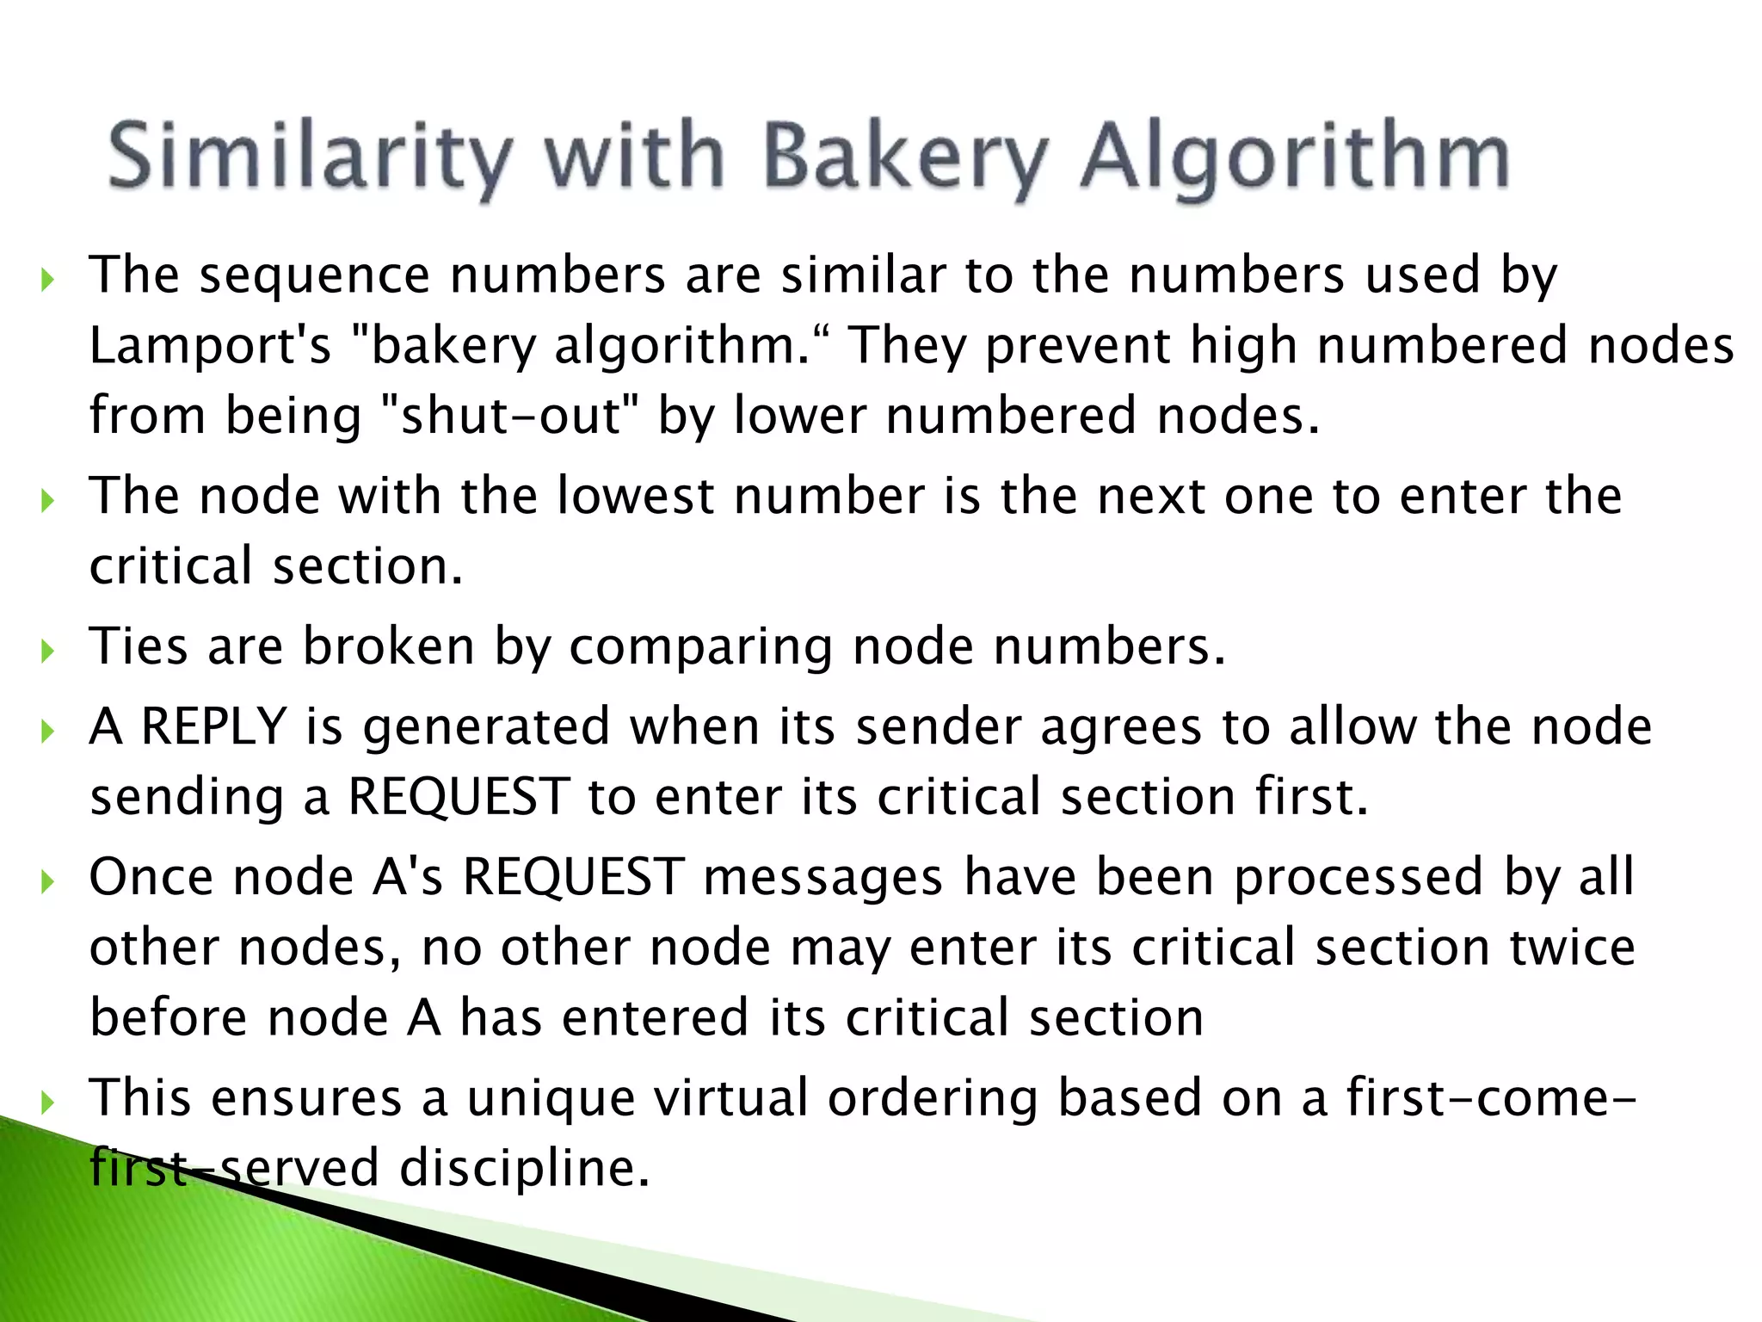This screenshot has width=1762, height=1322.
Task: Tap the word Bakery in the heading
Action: pyautogui.click(x=906, y=157)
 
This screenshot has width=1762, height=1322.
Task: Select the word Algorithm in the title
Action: pyautogui.click(x=1295, y=157)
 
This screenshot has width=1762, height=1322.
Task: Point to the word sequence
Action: pyautogui.click(x=314, y=275)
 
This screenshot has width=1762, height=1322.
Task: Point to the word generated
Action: pyautogui.click(x=486, y=727)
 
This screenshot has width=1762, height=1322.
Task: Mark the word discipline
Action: pyautogui.click(x=524, y=1168)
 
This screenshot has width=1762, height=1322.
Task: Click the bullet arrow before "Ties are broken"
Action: pyautogui.click(x=47, y=650)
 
